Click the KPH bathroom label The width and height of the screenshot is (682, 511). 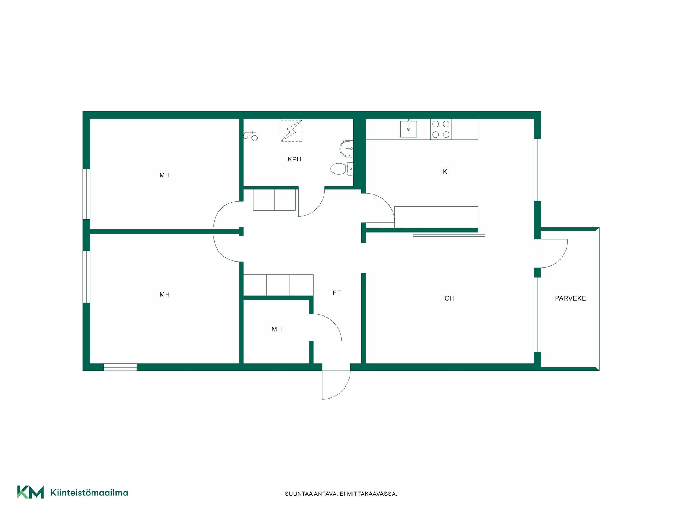point(294,159)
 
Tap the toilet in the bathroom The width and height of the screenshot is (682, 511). point(342,169)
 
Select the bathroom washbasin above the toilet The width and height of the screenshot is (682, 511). point(346,148)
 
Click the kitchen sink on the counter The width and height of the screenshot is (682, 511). point(408,128)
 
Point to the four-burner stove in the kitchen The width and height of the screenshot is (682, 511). point(441,129)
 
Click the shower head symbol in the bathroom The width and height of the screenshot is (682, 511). point(250,135)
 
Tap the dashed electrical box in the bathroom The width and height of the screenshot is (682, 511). point(291,131)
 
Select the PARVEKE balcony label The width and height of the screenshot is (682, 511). point(570,298)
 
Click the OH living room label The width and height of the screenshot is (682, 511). point(449,298)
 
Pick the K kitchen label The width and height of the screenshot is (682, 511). point(445,172)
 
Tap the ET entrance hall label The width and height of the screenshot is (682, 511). point(336,293)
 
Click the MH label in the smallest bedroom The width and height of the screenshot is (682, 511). point(276,329)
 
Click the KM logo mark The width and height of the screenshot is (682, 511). point(31,492)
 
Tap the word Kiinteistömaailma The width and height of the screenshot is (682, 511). point(89,493)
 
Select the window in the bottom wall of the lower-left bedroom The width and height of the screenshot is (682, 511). point(120,367)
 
